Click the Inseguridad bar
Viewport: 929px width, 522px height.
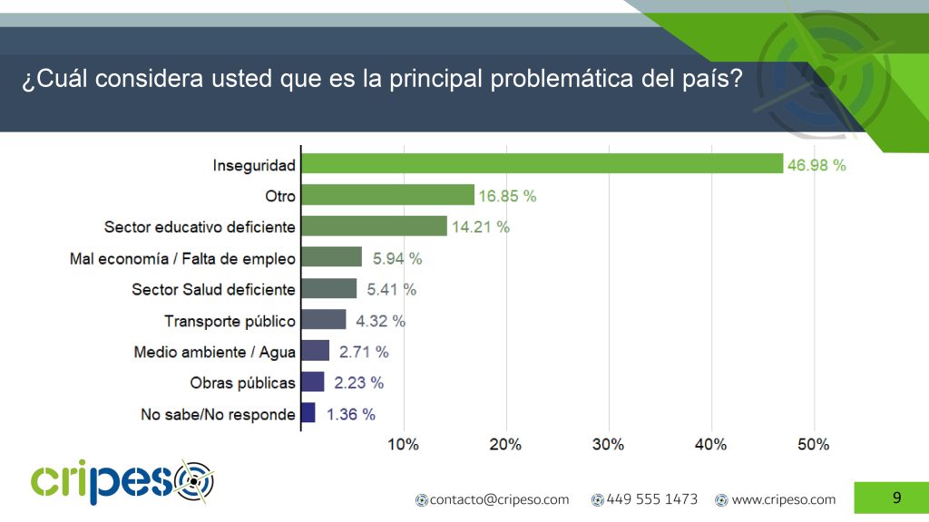click(543, 163)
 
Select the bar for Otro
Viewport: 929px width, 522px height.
click(388, 195)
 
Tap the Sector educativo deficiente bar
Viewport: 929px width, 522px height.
click(375, 226)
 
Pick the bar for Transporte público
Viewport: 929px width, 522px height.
click(324, 320)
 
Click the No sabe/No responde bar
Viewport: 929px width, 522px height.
click(308, 412)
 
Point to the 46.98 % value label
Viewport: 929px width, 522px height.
click(817, 165)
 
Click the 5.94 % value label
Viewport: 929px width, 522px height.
click(397, 258)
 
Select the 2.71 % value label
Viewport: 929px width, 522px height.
click(364, 353)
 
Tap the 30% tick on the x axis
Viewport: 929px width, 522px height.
click(608, 444)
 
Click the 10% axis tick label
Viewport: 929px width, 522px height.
click(403, 444)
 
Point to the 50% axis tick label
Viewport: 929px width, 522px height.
click(814, 444)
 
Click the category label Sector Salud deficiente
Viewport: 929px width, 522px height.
click(213, 289)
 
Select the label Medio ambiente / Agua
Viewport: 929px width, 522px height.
click(214, 353)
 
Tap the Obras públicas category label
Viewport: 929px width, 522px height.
click(242, 383)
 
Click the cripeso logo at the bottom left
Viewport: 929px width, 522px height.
click(122, 482)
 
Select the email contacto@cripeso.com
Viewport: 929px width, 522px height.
click(493, 499)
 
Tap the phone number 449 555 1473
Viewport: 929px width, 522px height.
click(645, 499)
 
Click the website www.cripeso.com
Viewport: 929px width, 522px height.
click(776, 499)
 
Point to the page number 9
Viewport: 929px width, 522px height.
click(897, 498)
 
